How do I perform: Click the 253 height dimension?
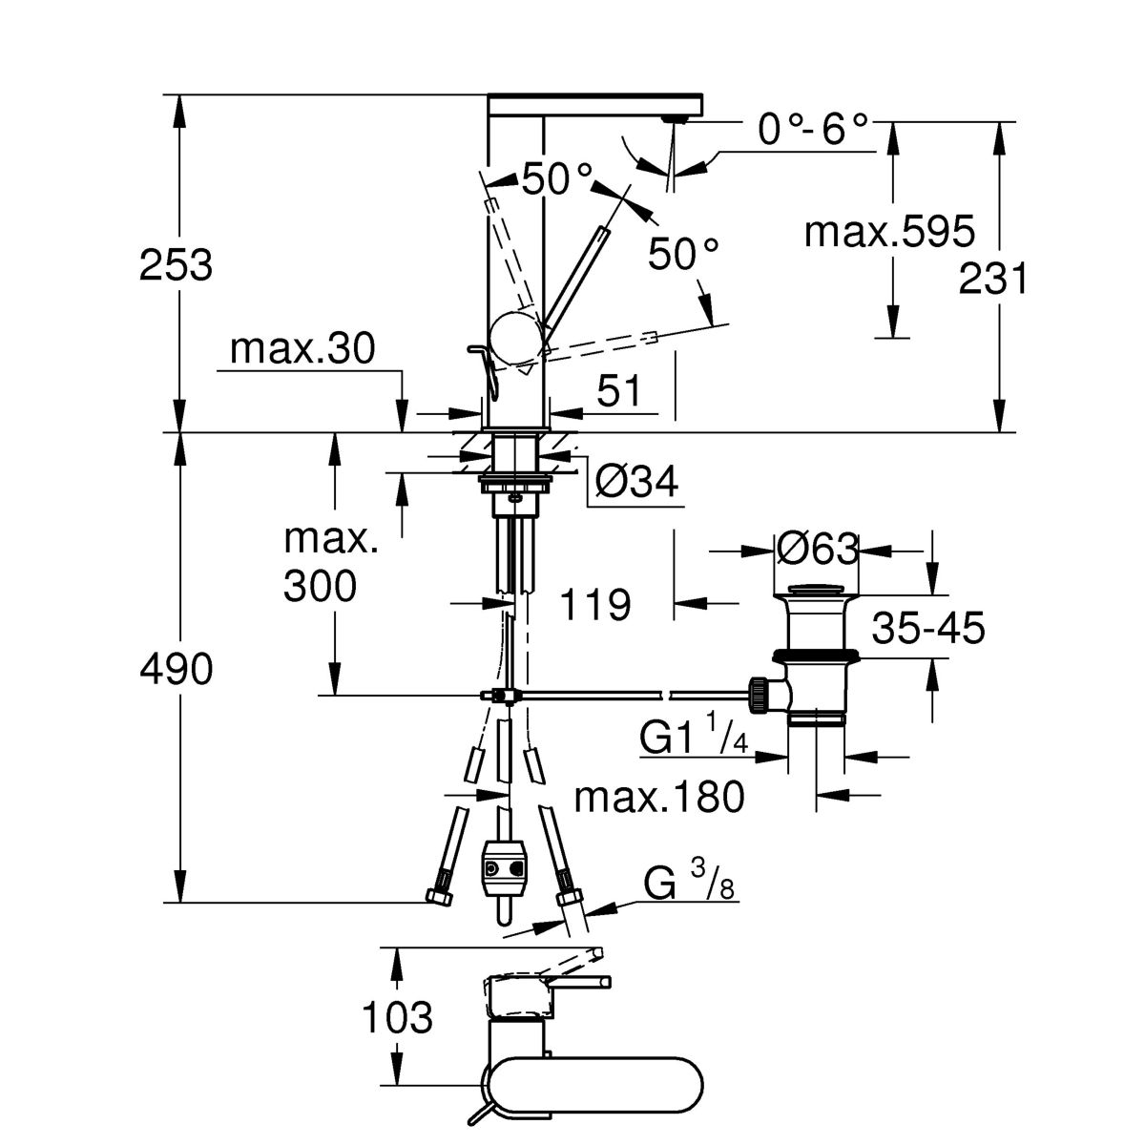176,265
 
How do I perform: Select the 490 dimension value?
176,670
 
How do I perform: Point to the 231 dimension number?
993,281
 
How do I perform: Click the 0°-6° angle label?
815,130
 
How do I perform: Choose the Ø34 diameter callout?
636,484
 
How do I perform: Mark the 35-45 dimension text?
927,629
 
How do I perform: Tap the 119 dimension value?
594,603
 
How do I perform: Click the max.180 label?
658,797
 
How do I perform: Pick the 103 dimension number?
396,1019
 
